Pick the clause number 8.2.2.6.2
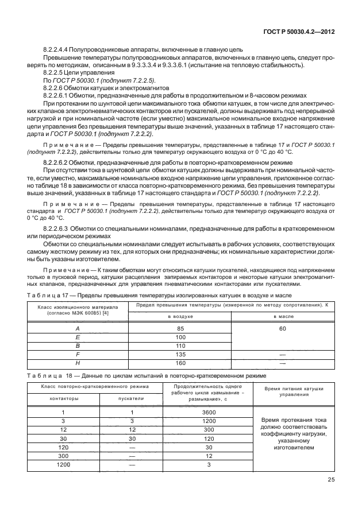click(58, 164)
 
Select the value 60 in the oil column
click(282, 328)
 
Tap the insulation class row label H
click(77, 363)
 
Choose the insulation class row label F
click(77, 354)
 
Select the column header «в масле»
click(282, 316)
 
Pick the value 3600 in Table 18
click(209, 412)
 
